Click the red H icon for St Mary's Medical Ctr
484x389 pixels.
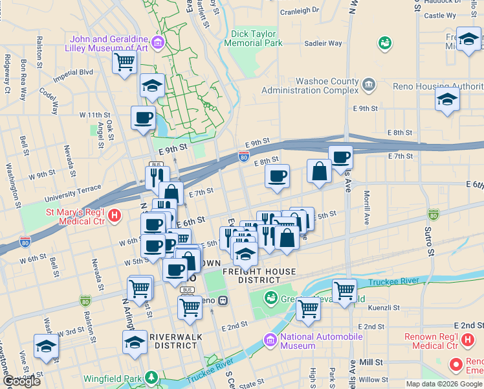(x=115, y=215)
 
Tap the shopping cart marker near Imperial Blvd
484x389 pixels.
(x=124, y=63)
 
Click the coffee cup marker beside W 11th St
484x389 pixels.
(x=143, y=118)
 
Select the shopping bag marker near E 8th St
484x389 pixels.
(x=319, y=172)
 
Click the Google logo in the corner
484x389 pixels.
(x=22, y=381)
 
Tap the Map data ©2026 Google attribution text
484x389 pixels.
(x=444, y=384)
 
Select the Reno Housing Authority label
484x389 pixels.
(x=438, y=86)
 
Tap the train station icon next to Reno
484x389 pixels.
(x=222, y=300)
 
